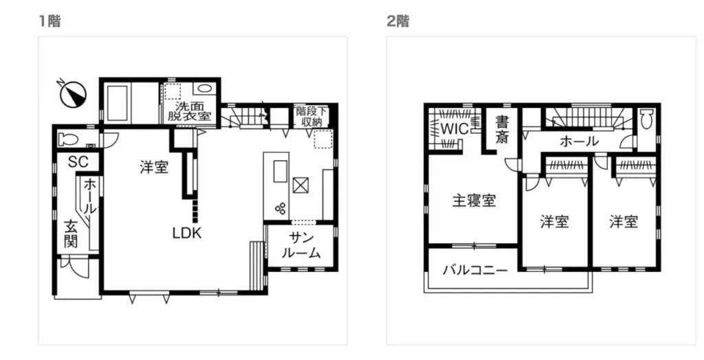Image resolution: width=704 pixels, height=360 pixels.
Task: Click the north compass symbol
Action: click(x=73, y=94)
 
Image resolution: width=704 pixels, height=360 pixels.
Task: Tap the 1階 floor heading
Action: click(x=49, y=21)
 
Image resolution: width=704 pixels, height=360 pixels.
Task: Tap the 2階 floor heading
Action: click(x=398, y=21)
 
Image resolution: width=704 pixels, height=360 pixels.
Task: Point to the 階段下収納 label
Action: click(x=312, y=116)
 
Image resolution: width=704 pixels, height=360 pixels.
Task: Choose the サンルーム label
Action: click(x=301, y=245)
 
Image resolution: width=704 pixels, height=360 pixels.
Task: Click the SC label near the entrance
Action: click(x=78, y=162)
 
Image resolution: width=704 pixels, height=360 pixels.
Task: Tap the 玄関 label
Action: click(x=71, y=234)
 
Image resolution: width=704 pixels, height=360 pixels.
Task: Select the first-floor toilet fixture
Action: click(x=69, y=140)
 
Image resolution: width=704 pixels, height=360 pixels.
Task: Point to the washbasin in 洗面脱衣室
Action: click(x=203, y=88)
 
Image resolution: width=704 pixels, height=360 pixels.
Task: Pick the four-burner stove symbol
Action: click(x=281, y=209)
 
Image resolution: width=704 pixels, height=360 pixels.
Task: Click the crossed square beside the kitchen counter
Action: click(x=301, y=185)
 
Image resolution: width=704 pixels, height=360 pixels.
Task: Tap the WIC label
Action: click(x=454, y=129)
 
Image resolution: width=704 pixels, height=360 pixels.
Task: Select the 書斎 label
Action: click(x=502, y=129)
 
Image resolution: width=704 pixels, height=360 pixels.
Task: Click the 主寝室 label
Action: click(x=474, y=201)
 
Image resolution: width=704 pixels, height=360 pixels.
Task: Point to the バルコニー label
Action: click(x=476, y=270)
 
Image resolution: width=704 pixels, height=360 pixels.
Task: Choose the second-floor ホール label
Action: click(x=579, y=142)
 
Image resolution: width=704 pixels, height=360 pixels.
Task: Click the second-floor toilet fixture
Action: click(x=646, y=121)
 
